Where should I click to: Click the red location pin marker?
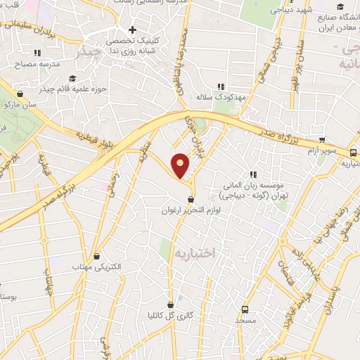pyautogui.click(x=181, y=165)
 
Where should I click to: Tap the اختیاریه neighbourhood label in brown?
pyautogui.click(x=193, y=252)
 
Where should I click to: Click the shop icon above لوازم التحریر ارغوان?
pyautogui.click(x=191, y=200)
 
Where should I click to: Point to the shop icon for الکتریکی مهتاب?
pyautogui.click(x=97, y=256)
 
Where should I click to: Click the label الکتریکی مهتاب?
pyautogui.click(x=97, y=267)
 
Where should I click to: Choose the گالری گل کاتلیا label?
pyautogui.click(x=171, y=316)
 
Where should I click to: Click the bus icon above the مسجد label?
pyautogui.click(x=245, y=309)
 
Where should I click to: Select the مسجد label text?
pyautogui.click(x=245, y=320)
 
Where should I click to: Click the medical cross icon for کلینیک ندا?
pyautogui.click(x=132, y=30)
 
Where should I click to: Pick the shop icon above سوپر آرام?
pyautogui.click(x=322, y=141)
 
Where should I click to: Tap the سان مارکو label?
pyautogui.click(x=19, y=104)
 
